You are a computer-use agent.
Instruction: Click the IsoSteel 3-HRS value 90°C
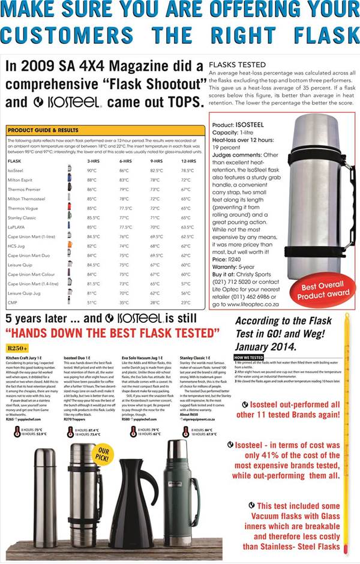(92, 170)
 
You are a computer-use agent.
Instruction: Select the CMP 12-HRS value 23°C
(186, 302)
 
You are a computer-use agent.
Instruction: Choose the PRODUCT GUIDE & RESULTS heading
(43, 129)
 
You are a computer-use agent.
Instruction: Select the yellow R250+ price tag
(18, 348)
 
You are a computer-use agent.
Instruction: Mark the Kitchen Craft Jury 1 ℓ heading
(26, 357)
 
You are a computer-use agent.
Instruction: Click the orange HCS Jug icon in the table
(70, 246)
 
